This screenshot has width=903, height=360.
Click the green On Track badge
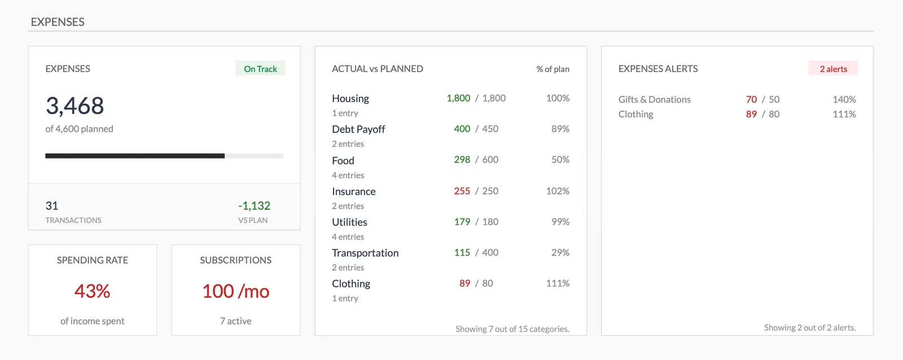tap(260, 69)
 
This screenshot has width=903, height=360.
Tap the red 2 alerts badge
tap(833, 69)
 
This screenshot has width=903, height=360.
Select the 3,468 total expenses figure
tap(75, 106)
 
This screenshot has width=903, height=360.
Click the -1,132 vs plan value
tap(254, 206)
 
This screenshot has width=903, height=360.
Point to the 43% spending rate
tap(93, 291)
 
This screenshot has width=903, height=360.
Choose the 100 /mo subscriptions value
tap(236, 291)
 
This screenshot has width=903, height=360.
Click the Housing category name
tap(350, 99)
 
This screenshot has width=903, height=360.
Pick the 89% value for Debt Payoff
tap(560, 129)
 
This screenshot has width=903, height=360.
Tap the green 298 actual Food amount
tap(462, 160)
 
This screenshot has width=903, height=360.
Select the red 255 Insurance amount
tap(462, 191)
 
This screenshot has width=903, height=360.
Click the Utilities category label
tap(349, 222)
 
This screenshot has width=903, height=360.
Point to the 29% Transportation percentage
tap(560, 252)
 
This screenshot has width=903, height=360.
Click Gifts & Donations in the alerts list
tap(654, 99)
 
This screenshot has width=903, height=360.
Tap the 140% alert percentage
tap(844, 99)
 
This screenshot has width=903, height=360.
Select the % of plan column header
tap(553, 69)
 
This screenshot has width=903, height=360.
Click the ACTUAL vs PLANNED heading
tap(378, 69)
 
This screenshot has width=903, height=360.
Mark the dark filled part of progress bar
tap(135, 156)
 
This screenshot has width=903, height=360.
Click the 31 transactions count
tap(52, 206)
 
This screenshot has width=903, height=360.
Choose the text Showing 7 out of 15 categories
tap(512, 329)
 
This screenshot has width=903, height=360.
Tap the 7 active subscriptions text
tap(236, 321)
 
